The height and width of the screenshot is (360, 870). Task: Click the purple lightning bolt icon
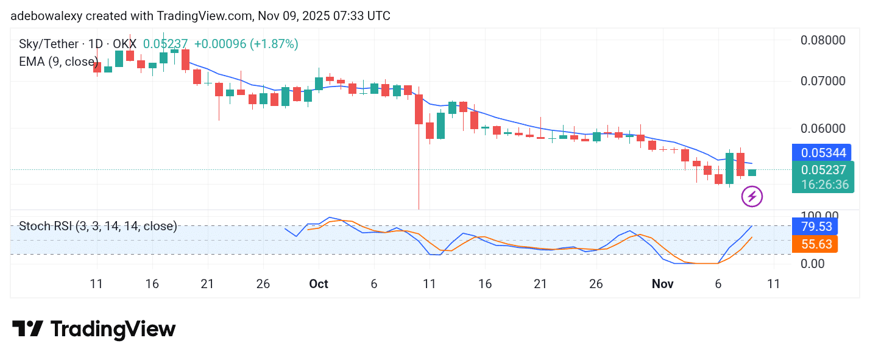(752, 197)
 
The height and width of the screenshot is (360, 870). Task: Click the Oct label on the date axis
(319, 284)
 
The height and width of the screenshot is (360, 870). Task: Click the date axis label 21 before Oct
(208, 284)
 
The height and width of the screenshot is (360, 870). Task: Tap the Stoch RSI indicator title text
(98, 227)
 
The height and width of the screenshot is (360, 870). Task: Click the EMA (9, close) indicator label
(58, 62)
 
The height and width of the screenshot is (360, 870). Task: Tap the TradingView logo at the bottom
(94, 330)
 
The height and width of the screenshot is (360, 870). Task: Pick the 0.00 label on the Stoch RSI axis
(813, 264)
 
